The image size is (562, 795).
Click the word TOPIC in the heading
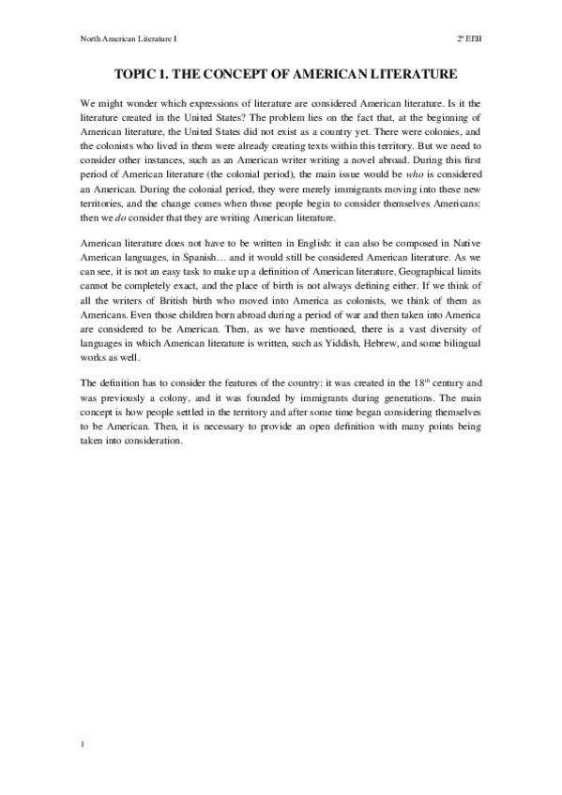135,72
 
